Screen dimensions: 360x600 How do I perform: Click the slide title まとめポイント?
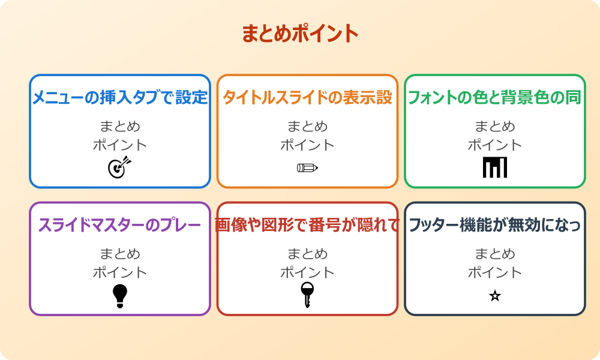300,34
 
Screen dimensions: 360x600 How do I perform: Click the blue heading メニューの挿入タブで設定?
120,98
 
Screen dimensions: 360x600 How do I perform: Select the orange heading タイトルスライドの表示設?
307,98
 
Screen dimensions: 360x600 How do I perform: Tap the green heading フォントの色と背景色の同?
494,98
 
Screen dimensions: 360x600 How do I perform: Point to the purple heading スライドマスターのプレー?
120,226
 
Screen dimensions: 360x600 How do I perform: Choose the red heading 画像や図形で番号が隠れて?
307,226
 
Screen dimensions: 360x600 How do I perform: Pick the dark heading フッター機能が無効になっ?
494,226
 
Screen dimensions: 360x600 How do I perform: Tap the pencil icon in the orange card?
307,167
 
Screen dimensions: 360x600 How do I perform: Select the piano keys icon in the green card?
495,167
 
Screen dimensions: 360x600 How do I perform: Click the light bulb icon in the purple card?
120,296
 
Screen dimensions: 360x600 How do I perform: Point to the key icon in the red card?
307,295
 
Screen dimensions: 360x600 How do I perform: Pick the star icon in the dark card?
495,296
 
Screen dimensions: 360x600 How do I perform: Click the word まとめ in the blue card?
120,127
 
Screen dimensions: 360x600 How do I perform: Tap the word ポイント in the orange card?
307,145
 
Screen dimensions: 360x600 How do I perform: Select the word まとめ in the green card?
495,127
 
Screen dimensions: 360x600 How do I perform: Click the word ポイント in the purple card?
120,272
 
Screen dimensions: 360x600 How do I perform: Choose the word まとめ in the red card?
307,254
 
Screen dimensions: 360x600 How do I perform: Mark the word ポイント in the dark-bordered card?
495,272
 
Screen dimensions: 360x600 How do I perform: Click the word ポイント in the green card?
495,145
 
